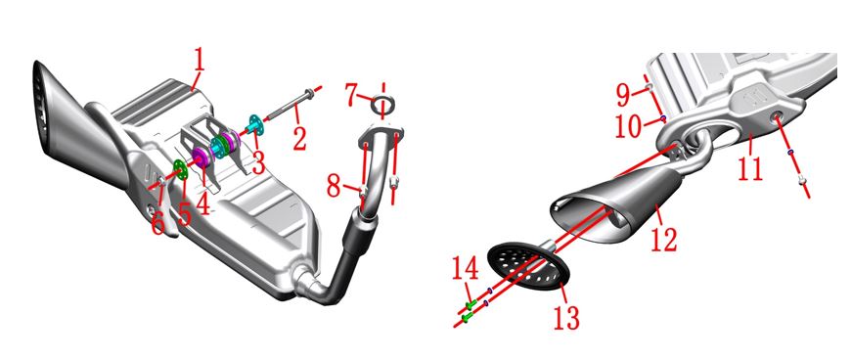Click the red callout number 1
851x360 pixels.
200,63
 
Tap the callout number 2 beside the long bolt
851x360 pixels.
299,137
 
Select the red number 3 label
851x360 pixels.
258,161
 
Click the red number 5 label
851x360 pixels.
185,213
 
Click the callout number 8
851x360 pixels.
334,188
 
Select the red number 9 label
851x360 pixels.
624,95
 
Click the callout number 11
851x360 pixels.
751,166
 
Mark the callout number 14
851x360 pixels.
466,268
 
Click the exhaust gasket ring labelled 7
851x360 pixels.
383,105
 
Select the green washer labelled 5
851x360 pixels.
180,169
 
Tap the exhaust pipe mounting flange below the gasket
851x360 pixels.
381,135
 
